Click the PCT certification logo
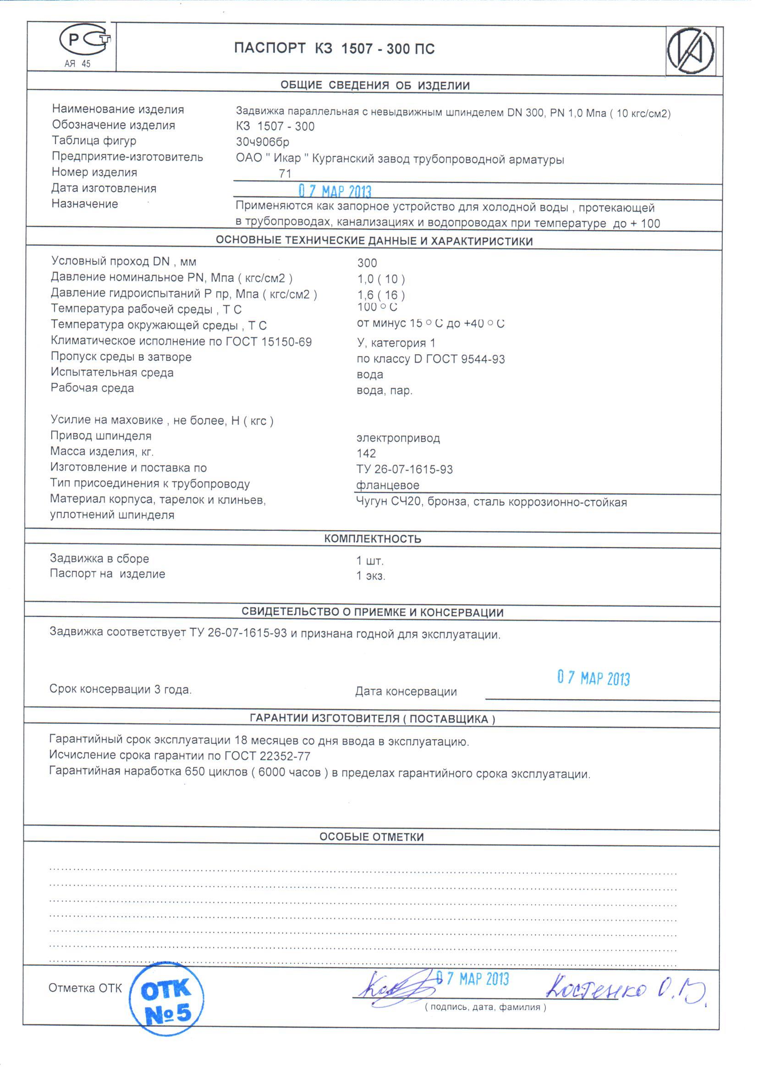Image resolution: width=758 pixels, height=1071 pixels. point(85,41)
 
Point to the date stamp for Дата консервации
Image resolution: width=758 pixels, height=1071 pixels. point(593,678)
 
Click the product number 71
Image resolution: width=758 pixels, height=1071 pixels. point(285,174)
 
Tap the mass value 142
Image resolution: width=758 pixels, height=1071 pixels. point(367,454)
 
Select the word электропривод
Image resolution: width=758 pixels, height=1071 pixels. point(398,438)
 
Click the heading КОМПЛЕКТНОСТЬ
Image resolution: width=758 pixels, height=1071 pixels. point(373,539)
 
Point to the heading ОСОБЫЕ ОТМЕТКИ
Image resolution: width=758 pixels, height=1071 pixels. point(372,837)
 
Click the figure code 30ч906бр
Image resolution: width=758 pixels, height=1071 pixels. point(262,142)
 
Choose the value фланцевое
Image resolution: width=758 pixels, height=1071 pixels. point(387,485)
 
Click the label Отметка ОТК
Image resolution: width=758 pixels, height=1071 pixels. point(85,988)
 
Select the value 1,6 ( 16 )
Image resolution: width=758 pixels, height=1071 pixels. point(381,295)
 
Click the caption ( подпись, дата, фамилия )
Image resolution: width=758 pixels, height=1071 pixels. point(485,1007)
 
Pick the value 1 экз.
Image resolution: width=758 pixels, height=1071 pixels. point(371,576)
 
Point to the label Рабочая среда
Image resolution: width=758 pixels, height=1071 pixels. point(93,388)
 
